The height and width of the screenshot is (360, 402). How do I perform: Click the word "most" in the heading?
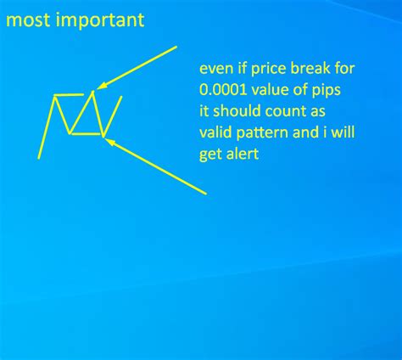(25, 19)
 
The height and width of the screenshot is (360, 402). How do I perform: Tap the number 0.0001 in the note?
(221, 92)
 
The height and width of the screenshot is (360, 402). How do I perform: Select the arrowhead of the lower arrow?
(108, 141)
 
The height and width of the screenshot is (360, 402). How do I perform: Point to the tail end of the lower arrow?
(206, 194)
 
